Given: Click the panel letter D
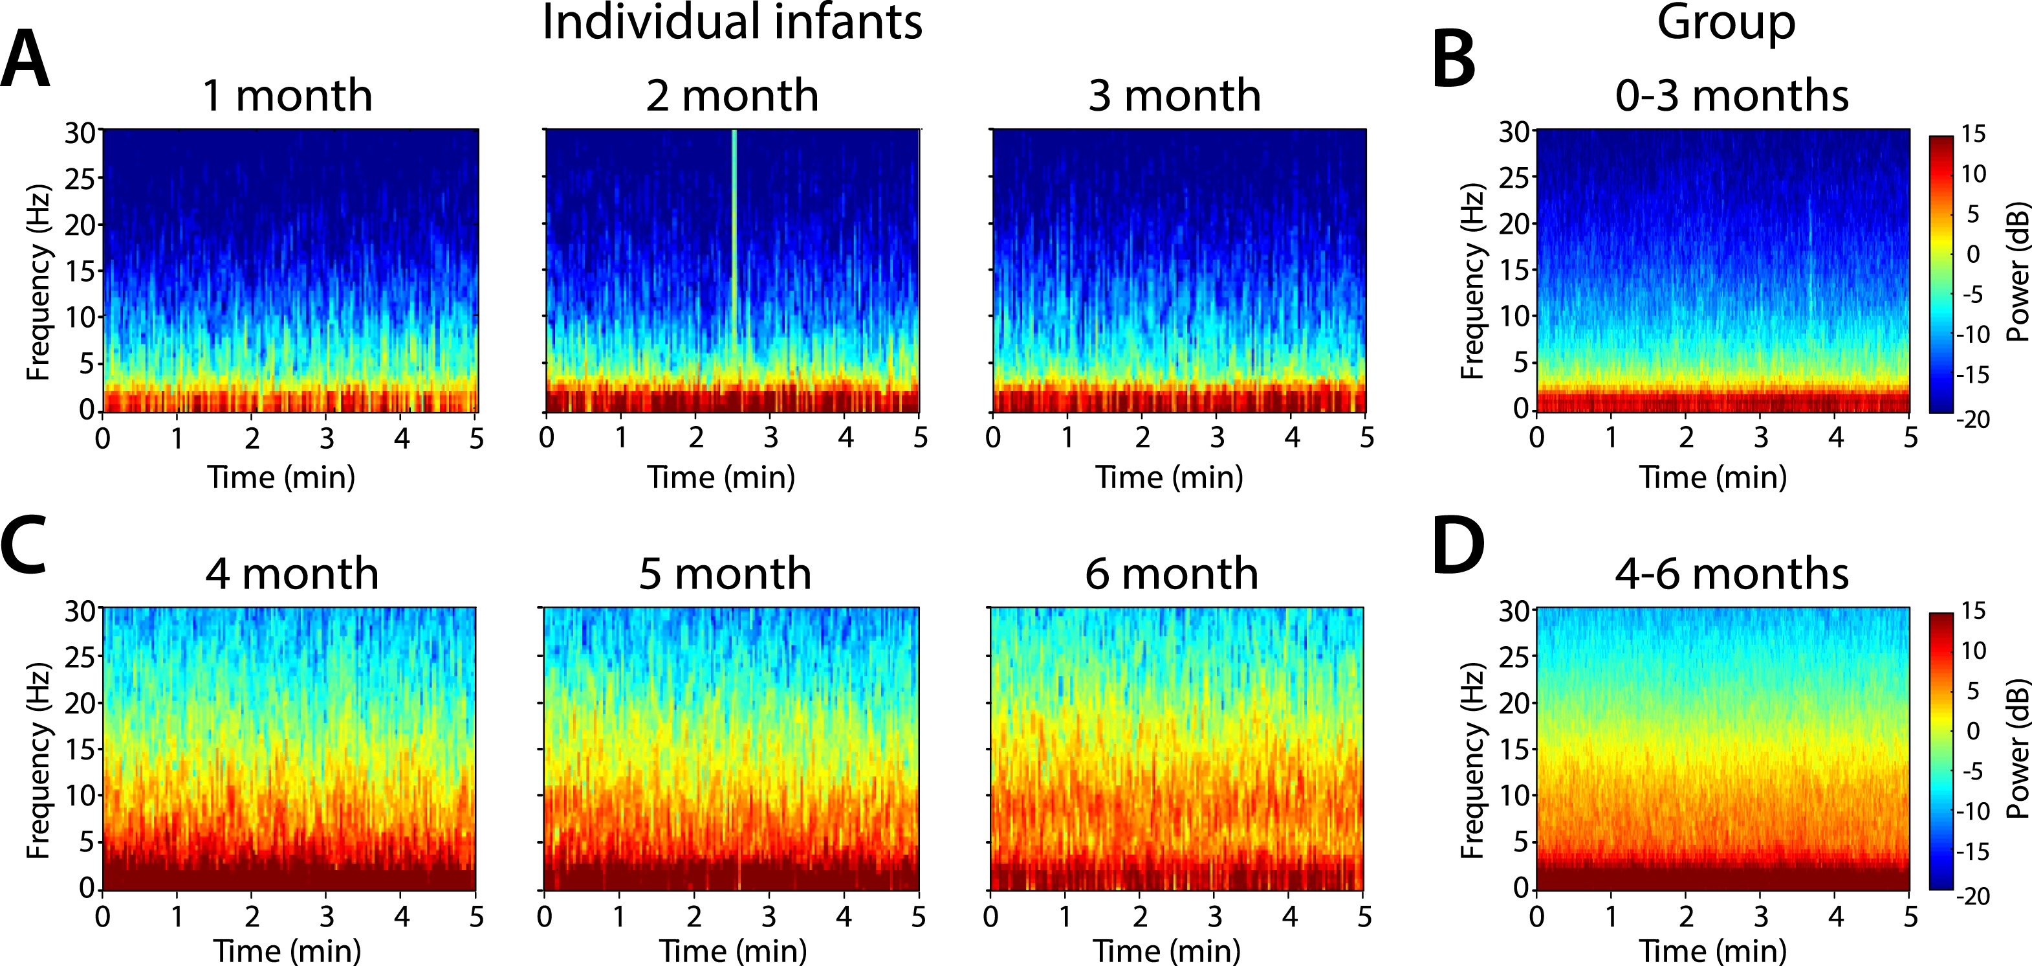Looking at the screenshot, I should pyautogui.click(x=1457, y=546).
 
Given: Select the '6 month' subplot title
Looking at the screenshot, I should pyautogui.click(x=1172, y=574).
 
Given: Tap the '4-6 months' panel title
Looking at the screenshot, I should pyautogui.click(x=1731, y=574).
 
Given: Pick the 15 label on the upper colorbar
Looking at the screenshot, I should pyautogui.click(x=1973, y=134).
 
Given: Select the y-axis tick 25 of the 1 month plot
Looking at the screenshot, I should pyautogui.click(x=80, y=179).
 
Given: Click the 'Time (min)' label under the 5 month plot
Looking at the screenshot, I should pyautogui.click(x=733, y=951).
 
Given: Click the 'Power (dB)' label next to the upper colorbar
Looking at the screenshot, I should pyautogui.click(x=2017, y=273).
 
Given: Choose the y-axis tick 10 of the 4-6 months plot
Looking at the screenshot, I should pyautogui.click(x=1515, y=794).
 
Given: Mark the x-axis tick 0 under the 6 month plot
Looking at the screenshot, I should pyautogui.click(x=990, y=916).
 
